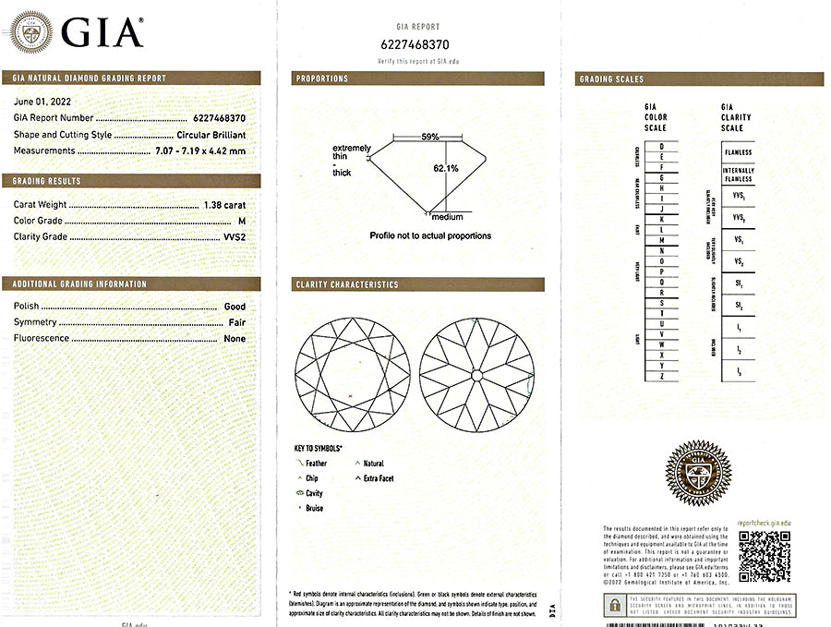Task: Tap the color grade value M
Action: pos(242,221)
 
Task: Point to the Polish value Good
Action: pos(235,307)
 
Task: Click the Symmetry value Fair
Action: pos(236,322)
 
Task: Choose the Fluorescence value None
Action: pos(235,339)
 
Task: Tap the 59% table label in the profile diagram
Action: pos(429,137)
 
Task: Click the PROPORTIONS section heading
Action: pos(322,79)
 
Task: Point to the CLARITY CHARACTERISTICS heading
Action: pos(347,284)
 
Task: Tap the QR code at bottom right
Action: pos(764,556)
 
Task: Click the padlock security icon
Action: pos(614,605)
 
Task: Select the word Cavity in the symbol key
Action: pos(314,494)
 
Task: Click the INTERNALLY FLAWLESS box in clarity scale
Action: pos(739,175)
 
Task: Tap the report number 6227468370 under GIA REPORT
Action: pos(415,44)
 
